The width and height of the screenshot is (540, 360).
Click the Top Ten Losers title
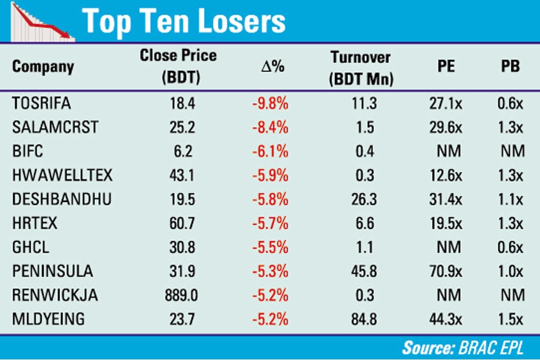point(184,22)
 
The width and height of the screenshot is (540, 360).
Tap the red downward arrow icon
point(42,22)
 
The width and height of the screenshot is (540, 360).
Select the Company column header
point(43,66)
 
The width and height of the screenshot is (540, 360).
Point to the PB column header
point(510,66)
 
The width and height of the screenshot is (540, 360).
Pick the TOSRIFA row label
point(41,103)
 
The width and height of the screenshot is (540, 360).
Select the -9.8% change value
point(271,103)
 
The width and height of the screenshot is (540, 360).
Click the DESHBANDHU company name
point(62,199)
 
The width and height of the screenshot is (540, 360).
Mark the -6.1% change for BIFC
point(271,151)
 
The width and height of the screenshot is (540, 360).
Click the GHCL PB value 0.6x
point(510,247)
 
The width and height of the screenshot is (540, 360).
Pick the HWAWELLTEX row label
point(62,175)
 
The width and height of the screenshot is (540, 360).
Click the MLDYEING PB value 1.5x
point(510,319)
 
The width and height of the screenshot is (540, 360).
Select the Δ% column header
point(271,67)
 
